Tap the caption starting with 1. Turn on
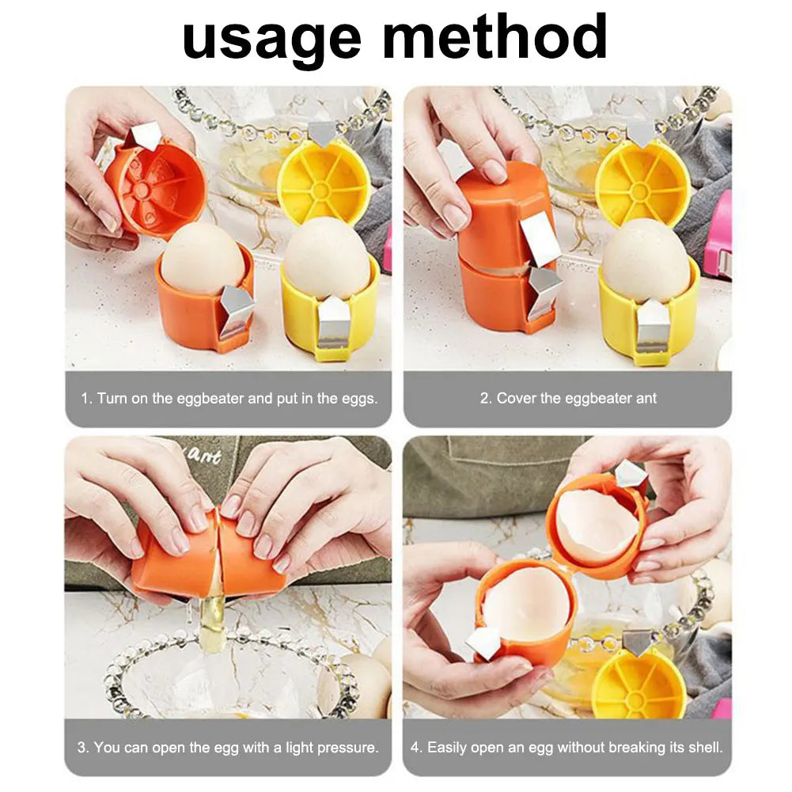click(x=229, y=398)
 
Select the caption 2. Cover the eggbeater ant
click(x=567, y=398)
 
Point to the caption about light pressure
click(x=229, y=747)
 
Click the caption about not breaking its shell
click(x=567, y=747)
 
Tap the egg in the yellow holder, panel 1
click(x=327, y=256)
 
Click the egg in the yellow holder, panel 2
click(x=646, y=260)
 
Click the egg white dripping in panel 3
click(x=211, y=621)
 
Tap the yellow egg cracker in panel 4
click(x=639, y=683)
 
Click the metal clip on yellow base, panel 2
click(x=654, y=324)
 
